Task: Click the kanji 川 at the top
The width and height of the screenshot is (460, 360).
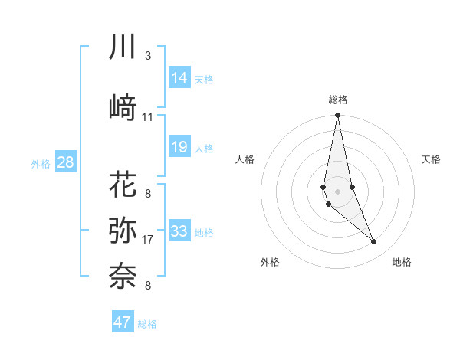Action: [123, 47]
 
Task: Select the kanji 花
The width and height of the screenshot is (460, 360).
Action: [123, 185]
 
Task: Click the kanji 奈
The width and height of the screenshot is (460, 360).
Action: [123, 274]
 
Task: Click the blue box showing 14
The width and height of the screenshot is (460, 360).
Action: [179, 77]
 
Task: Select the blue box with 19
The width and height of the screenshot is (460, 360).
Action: [179, 147]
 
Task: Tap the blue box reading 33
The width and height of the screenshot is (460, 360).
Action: [179, 231]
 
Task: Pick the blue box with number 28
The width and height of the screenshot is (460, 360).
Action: [66, 162]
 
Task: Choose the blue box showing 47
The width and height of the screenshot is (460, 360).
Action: [123, 322]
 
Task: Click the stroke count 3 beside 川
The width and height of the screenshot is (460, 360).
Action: [147, 56]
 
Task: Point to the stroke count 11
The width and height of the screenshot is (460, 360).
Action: [147, 117]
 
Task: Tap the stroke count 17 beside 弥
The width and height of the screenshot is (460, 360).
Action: [147, 240]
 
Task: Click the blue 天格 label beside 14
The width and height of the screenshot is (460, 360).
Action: [204, 79]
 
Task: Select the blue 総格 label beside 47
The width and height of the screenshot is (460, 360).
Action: [147, 324]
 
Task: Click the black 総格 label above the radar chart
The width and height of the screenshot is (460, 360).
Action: [338, 100]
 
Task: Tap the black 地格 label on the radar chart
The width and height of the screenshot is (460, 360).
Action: [402, 262]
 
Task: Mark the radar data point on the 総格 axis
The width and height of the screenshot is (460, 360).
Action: [337, 116]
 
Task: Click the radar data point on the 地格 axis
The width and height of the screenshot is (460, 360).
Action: [374, 242]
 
